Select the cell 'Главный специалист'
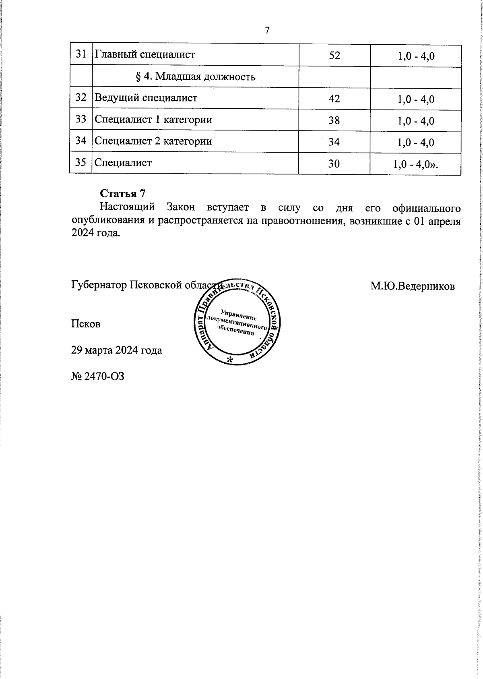pos(144,54)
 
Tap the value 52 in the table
pos(334,56)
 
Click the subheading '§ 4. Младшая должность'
pos(195,77)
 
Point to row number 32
pos(81,97)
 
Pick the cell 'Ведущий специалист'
pos(146,98)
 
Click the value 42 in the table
pos(334,99)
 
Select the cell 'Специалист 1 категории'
pos(153,120)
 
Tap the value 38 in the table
pos(334,120)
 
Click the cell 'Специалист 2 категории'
pos(153,141)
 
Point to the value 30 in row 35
pos(334,164)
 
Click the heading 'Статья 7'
pos(122,194)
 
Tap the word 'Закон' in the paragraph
pos(181,207)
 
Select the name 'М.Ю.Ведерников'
pos(413,286)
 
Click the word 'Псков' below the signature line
pos(86,324)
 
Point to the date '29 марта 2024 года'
pos(117,350)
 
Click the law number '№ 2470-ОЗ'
pos(98,376)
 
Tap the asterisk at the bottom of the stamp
pos(229,360)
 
